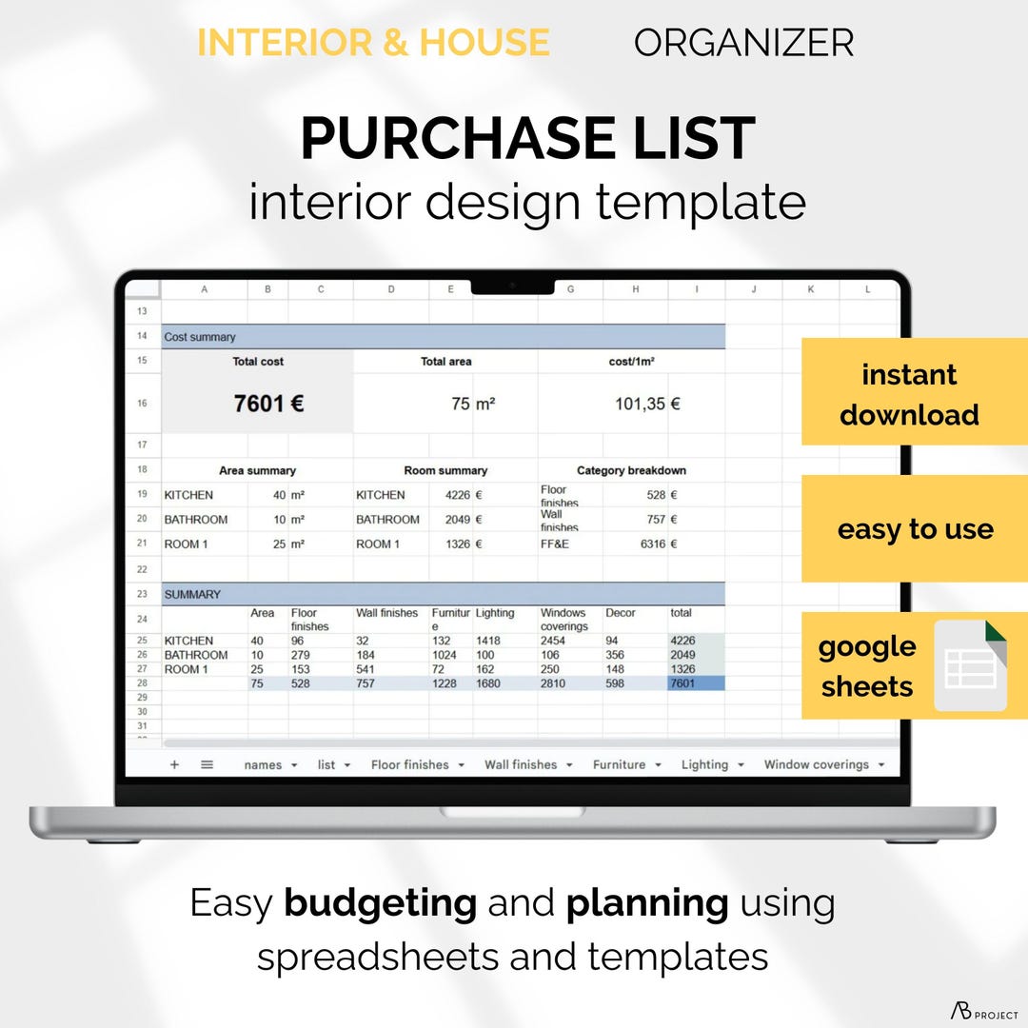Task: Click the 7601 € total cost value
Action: point(268,404)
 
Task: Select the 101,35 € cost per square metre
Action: point(647,404)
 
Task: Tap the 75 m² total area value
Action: point(473,404)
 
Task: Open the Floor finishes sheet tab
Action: point(410,764)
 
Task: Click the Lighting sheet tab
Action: point(704,764)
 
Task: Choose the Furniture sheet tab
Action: point(619,764)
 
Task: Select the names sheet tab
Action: point(263,764)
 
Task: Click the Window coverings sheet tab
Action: point(816,764)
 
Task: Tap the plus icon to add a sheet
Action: point(174,764)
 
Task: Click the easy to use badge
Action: point(915,529)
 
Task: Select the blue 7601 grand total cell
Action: point(695,683)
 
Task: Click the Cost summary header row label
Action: point(200,337)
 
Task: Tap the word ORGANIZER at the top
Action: point(743,43)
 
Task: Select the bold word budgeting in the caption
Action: point(381,902)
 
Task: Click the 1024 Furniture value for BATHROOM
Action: point(446,655)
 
